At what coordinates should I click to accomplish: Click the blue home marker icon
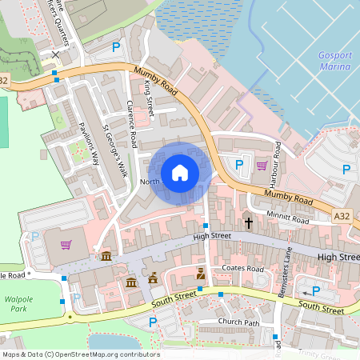(x=180, y=172)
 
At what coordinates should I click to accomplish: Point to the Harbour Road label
(x=277, y=161)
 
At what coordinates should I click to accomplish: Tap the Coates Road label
(x=243, y=269)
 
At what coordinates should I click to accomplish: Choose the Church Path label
(x=240, y=322)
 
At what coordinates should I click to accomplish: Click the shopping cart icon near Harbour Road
(x=262, y=166)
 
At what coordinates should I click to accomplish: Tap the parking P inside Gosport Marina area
(x=346, y=169)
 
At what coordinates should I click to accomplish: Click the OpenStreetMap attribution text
(x=80, y=354)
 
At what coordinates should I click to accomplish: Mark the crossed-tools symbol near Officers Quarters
(x=54, y=54)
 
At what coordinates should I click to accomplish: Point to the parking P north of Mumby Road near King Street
(x=117, y=48)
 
